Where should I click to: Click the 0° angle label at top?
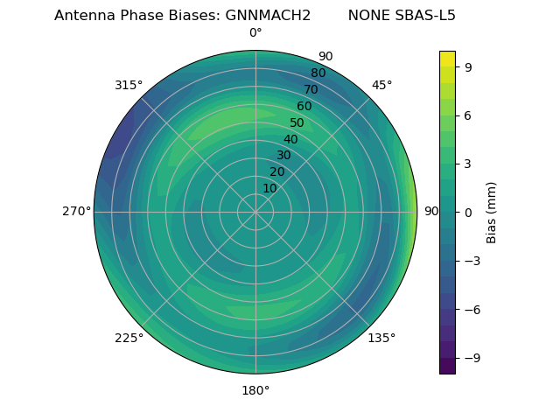click(x=255, y=33)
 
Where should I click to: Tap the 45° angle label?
click(x=381, y=85)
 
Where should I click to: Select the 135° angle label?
click(x=381, y=338)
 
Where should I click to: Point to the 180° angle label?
click(x=255, y=390)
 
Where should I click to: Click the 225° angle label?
click(x=129, y=338)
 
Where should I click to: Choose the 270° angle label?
click(x=76, y=212)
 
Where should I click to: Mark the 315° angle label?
click(x=129, y=85)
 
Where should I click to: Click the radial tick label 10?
click(x=269, y=188)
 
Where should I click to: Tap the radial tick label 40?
click(x=290, y=139)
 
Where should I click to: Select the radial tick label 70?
click(x=311, y=89)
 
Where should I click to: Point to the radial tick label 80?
click(x=318, y=73)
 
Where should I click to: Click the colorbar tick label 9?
click(x=468, y=66)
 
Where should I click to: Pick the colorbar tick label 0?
click(x=468, y=213)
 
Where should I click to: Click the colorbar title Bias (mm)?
click(x=492, y=213)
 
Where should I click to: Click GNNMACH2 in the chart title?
click(x=269, y=16)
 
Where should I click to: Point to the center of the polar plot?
click(x=255, y=212)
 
